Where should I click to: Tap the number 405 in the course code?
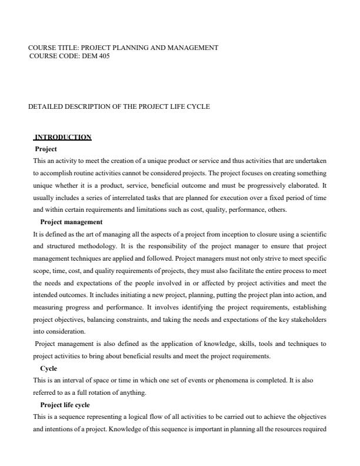(102, 56)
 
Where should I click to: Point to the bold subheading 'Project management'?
(71, 222)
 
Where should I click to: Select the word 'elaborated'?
(299, 182)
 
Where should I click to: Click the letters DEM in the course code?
(87, 56)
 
